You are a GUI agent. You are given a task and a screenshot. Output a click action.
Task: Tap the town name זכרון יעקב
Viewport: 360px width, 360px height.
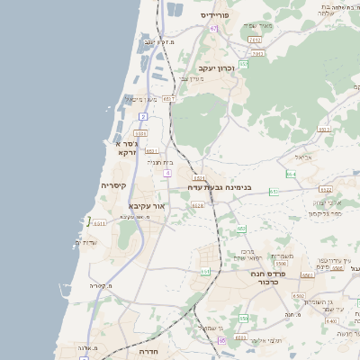pyautogui.click(x=216, y=67)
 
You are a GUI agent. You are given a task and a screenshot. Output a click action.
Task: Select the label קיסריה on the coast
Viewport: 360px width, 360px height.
pyautogui.click(x=114, y=185)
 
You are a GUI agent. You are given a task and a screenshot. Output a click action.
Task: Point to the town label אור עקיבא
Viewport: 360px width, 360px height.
pyautogui.click(x=144, y=205)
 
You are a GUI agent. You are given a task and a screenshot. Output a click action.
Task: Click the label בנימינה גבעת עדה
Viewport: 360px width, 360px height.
pyautogui.click(x=220, y=187)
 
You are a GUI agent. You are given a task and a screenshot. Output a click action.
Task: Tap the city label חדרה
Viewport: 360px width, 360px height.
pyautogui.click(x=148, y=352)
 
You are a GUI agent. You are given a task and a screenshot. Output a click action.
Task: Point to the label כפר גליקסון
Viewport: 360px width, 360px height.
pyautogui.click(x=325, y=214)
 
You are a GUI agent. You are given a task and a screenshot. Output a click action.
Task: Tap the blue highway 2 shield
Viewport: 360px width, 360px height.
pyautogui.click(x=143, y=117)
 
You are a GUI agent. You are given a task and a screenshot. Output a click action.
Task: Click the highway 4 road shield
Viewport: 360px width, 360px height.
pyautogui.click(x=167, y=172)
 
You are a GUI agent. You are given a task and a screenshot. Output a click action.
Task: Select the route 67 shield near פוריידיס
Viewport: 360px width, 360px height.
pyautogui.click(x=213, y=29)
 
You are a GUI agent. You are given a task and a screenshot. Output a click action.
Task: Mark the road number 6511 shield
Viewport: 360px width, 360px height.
pyautogui.click(x=98, y=223)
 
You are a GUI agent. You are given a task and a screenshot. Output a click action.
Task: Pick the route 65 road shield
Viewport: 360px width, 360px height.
pyautogui.click(x=221, y=340)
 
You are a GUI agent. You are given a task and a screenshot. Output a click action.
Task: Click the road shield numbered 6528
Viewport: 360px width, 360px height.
pyautogui.click(x=198, y=205)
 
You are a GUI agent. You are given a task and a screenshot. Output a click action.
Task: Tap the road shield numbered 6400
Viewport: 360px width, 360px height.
pyautogui.click(x=331, y=320)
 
